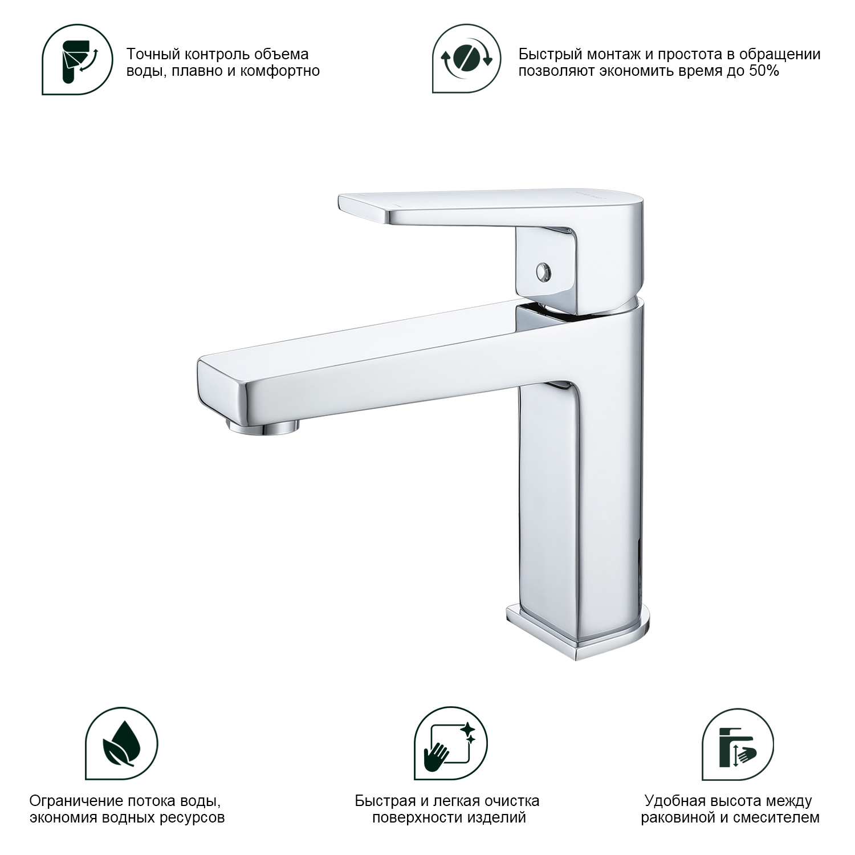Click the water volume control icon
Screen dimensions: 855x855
coord(76,59)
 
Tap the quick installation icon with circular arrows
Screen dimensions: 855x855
coord(466,59)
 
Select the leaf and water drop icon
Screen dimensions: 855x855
coord(121,743)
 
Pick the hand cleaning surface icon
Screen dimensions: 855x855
coord(450,743)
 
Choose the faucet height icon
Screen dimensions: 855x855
coord(738,743)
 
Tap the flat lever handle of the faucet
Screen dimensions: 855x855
coord(490,208)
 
